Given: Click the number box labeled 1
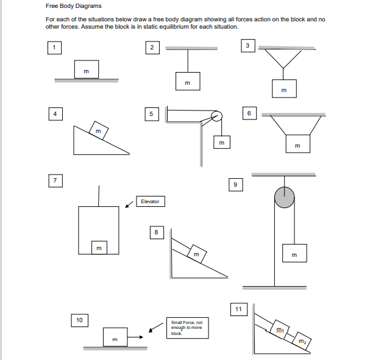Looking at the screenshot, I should coord(54,47).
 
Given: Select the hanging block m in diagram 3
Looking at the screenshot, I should coord(284,88).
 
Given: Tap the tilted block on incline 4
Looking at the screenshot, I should coord(98,130).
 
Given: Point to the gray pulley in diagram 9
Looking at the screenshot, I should coord(284,197).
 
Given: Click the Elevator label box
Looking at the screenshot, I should coord(150,201).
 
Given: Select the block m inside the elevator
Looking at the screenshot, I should coord(98,247).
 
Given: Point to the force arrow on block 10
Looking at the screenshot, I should coord(137,336).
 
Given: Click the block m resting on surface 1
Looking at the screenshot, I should coord(86,70).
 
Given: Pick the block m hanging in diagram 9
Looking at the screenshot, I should coord(294,254).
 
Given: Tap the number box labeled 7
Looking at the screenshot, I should coord(55,181).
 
